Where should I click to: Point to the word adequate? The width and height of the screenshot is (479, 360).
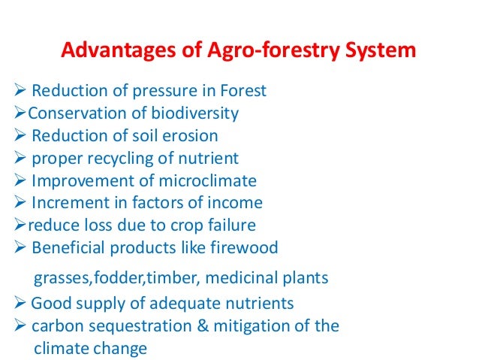(x=190, y=304)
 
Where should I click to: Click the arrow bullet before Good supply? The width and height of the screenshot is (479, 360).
(x=20, y=304)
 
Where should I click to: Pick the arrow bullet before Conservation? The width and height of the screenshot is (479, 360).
(x=20, y=114)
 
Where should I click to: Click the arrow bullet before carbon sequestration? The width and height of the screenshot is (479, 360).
(x=20, y=326)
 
